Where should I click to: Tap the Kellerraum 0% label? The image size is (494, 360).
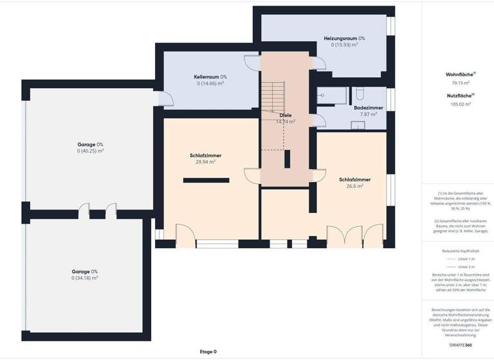(210, 76)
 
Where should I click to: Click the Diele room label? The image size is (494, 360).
(286, 115)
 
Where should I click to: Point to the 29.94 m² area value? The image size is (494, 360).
(206, 163)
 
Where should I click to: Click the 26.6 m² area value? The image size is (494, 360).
(352, 186)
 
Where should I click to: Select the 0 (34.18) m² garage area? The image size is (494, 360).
(85, 278)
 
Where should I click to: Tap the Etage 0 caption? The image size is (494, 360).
(208, 352)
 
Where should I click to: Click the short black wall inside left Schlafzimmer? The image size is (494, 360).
(206, 181)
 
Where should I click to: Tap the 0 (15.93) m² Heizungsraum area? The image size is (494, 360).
(344, 45)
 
